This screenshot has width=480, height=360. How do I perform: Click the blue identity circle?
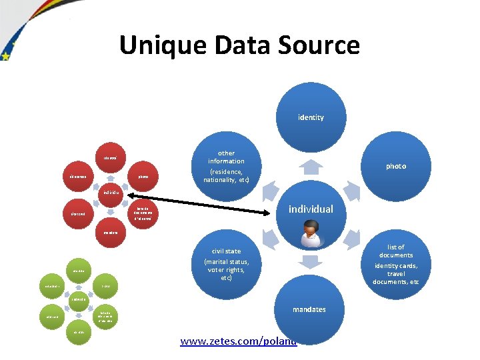click(x=311, y=117)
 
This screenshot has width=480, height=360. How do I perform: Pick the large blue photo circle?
click(x=395, y=166)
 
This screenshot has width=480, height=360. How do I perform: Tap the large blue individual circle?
click(x=311, y=209)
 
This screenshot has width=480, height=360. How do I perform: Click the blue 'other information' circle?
click(x=226, y=167)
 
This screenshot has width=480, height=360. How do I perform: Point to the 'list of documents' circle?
click(x=396, y=263)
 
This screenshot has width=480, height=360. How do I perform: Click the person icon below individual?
click(x=310, y=234)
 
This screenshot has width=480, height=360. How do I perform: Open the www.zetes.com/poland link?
click(x=238, y=342)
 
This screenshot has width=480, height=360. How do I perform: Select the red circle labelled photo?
click(x=143, y=177)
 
